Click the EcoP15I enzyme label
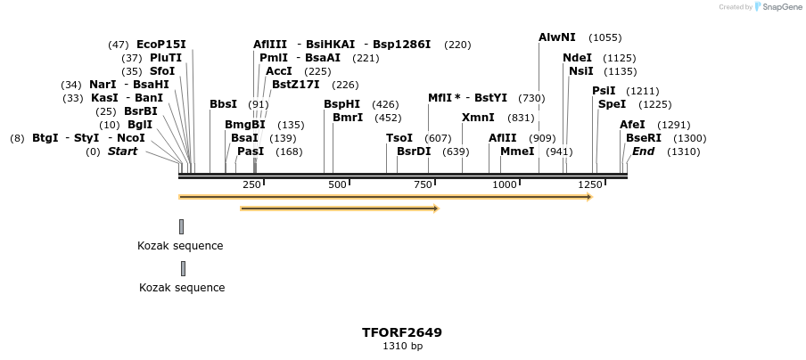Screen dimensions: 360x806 click(160, 45)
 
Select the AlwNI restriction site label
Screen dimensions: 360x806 click(557, 37)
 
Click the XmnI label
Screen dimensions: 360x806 click(478, 118)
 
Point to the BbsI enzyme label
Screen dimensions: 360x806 click(223, 104)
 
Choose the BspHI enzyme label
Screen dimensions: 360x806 click(341, 104)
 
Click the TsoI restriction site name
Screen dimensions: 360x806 click(399, 138)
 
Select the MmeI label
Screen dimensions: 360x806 click(517, 151)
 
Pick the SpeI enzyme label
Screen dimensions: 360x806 click(612, 104)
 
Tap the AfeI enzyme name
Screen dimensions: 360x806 click(632, 125)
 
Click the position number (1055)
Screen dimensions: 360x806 click(605, 37)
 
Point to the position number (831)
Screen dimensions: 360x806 click(521, 118)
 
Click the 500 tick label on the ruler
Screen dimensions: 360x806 click(337, 184)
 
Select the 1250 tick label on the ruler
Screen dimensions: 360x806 click(590, 184)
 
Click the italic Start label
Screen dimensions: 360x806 click(123, 151)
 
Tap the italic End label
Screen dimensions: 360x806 click(643, 151)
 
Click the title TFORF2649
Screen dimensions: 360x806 click(402, 332)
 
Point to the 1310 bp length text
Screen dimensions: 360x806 click(402, 346)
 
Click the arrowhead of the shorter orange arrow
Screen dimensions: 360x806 click(436, 209)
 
